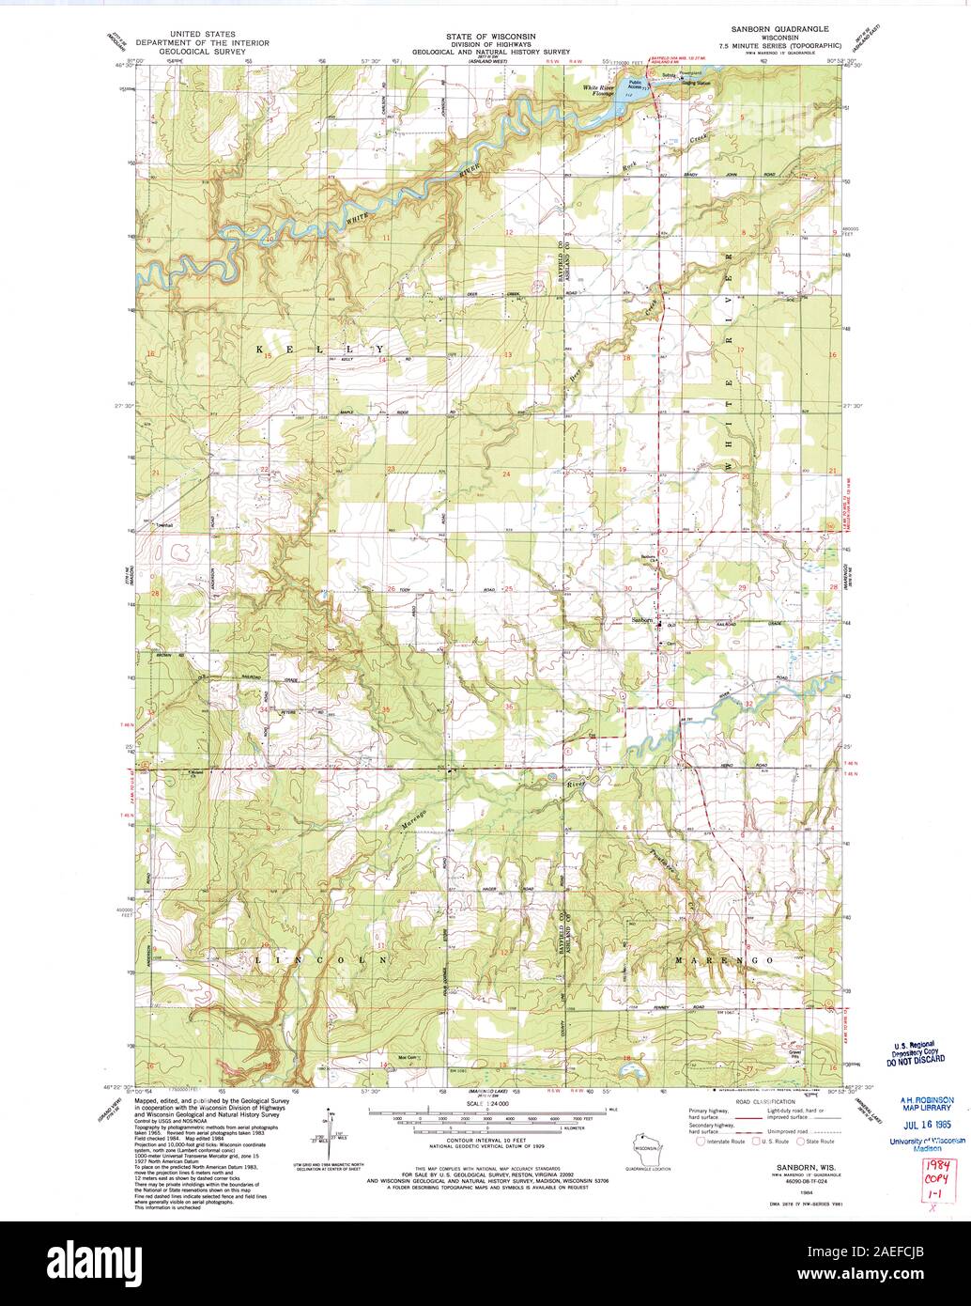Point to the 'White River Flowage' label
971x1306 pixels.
[597, 91]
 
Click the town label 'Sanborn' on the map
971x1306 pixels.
[641, 620]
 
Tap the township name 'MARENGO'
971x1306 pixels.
[723, 960]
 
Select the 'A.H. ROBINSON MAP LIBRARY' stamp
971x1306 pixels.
[927, 1104]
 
